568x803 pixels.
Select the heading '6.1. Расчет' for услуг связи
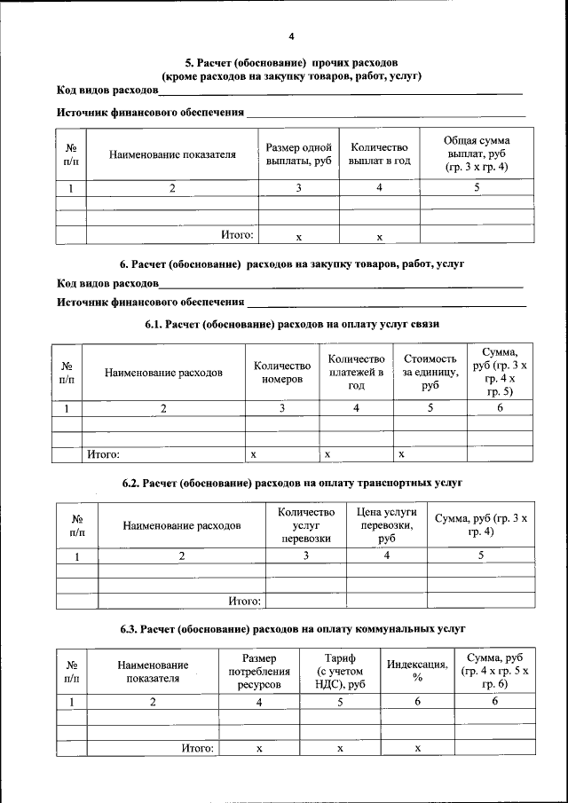tap(292, 325)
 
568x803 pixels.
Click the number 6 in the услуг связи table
tap(500, 408)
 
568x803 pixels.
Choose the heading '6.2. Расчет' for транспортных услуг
tap(292, 483)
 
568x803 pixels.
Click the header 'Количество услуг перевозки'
tap(305, 525)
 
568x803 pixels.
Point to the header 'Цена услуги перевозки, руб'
tap(386, 525)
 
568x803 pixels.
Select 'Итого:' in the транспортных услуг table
tap(243, 601)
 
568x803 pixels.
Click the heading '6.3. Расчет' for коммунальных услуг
tap(293, 628)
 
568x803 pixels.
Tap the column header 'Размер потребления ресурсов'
tap(259, 672)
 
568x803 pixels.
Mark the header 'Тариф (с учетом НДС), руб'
tap(339, 672)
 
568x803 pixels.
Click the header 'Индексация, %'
tap(417, 672)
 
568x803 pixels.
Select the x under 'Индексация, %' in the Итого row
tap(417, 749)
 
